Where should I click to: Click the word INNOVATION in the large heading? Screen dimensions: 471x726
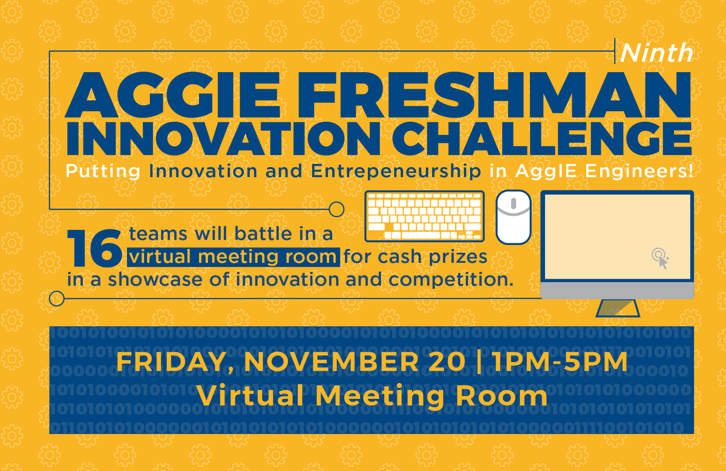click(229, 140)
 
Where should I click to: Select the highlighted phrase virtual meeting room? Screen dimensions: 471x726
click(234, 257)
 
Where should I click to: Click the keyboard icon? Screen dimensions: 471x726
click(425, 216)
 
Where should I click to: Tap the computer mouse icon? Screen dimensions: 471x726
click(513, 217)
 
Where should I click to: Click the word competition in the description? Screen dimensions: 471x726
click(447, 280)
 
